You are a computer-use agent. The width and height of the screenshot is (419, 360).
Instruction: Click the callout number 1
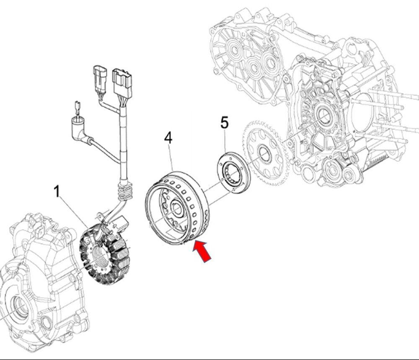coord(57,192)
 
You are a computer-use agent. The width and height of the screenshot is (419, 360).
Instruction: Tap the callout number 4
coord(168,138)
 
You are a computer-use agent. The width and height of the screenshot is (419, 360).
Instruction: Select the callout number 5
coord(225,123)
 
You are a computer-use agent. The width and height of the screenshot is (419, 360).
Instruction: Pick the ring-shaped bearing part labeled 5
coord(233,173)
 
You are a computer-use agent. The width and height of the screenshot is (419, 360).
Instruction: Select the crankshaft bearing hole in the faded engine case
coord(323,115)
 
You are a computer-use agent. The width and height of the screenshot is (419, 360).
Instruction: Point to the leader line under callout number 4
coord(171,159)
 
